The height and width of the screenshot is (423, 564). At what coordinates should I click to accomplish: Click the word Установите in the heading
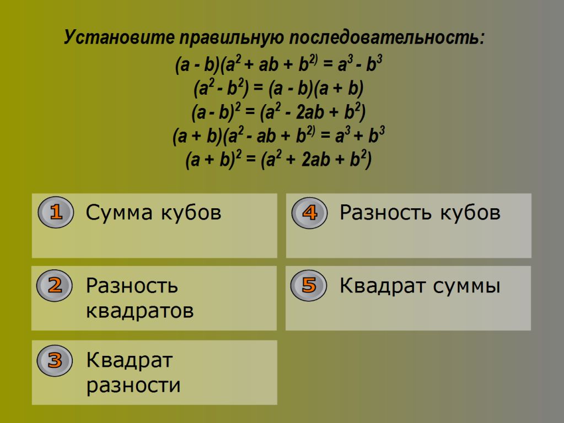click(119, 37)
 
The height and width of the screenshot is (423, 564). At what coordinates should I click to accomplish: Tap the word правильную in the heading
click(232, 38)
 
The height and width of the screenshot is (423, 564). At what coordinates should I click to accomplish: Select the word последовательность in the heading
click(387, 37)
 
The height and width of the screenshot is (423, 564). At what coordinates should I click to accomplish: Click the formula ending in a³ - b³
click(279, 64)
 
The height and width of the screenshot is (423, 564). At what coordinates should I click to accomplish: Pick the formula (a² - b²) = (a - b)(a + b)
click(279, 88)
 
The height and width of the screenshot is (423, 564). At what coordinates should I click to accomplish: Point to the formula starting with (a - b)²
click(279, 112)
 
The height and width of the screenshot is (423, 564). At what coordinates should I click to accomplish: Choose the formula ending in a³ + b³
click(279, 135)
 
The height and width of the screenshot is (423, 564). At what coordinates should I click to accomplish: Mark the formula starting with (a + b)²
click(279, 159)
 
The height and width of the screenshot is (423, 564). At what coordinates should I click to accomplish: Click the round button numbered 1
click(56, 212)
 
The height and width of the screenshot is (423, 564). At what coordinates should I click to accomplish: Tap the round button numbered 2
click(55, 286)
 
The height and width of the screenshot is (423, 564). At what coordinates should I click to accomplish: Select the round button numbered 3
click(55, 360)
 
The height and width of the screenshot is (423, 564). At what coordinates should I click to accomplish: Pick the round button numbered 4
click(310, 213)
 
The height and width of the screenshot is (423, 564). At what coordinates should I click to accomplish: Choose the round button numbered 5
click(309, 285)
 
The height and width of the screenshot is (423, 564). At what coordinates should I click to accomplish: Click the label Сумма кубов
click(154, 212)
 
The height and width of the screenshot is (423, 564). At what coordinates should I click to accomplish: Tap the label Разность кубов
click(420, 213)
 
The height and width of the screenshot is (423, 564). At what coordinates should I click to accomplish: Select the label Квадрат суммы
click(420, 286)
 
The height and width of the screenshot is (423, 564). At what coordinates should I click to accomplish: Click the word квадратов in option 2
click(140, 311)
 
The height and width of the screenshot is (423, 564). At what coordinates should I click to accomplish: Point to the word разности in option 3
click(133, 386)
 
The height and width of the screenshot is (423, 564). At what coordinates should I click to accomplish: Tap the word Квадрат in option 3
click(130, 360)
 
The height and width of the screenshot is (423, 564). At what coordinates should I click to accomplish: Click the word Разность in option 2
click(132, 286)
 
